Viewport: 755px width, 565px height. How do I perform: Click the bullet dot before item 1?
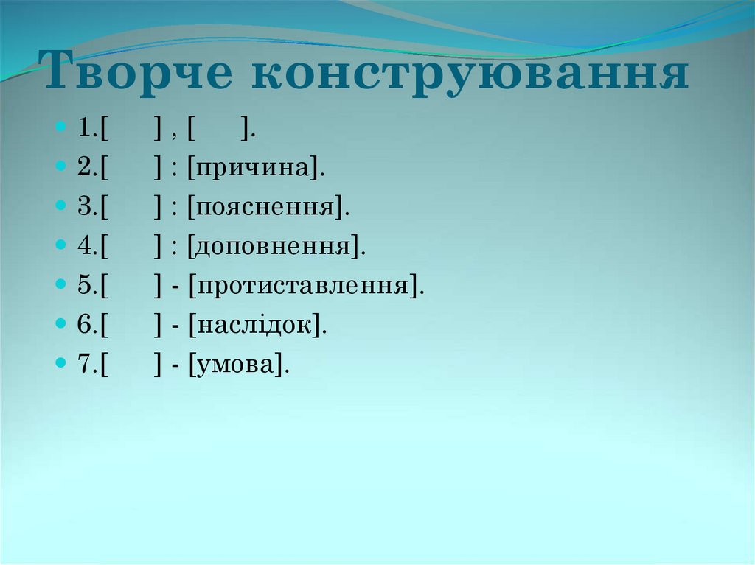coord(60,128)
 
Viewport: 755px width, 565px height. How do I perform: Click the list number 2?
coord(83,168)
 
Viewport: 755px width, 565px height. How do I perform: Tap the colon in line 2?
coord(176,169)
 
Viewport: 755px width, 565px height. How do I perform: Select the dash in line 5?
coord(177,287)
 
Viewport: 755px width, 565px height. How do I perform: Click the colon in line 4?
coord(176,248)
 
